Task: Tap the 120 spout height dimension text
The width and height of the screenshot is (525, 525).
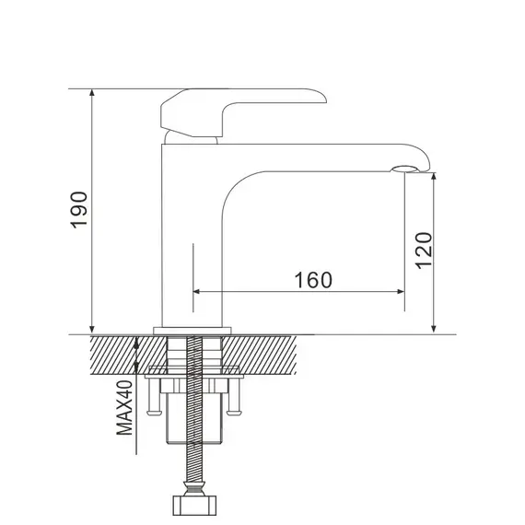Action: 423,250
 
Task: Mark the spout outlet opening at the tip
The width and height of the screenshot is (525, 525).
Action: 404,169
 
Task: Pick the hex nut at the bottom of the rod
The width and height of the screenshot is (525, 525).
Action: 194,507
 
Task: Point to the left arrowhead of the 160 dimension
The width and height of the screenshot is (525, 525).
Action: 197,292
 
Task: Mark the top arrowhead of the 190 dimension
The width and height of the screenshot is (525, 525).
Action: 92,94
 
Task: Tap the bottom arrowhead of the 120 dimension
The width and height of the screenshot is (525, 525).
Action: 434,328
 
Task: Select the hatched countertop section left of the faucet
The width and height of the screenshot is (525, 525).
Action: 115,354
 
